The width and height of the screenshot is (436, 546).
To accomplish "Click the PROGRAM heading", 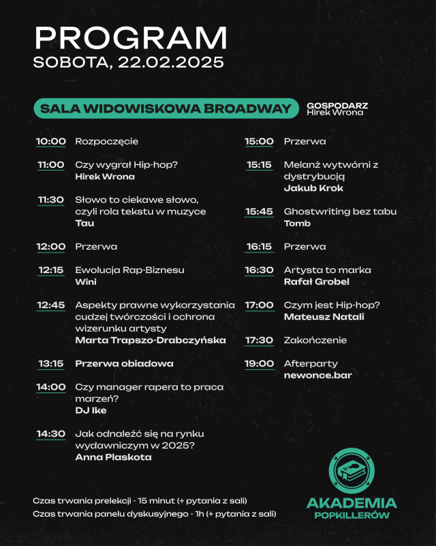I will click(x=131, y=38).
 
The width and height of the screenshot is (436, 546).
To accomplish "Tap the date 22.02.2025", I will click(x=170, y=63).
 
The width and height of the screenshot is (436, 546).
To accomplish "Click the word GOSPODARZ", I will click(x=337, y=105).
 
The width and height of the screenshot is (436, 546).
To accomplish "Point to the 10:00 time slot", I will click(x=51, y=141).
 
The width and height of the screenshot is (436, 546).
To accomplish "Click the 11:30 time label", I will click(x=51, y=200).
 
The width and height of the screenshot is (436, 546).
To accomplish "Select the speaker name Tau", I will click(x=84, y=223).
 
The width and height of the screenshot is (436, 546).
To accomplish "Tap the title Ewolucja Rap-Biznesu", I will click(x=129, y=270).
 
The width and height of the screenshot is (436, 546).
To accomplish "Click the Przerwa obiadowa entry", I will click(x=124, y=364).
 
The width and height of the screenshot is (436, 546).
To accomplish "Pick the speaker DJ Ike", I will click(x=91, y=410).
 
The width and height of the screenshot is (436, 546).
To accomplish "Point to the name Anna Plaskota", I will click(x=113, y=457).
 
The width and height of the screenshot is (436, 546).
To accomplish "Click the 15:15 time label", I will click(x=259, y=165).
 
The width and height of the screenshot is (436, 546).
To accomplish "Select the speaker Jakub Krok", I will click(x=313, y=188).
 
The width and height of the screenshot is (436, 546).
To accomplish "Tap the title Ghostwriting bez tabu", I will click(x=340, y=212).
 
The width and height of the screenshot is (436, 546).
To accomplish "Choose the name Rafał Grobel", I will click(x=317, y=282).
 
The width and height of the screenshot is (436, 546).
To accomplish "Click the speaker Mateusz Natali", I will click(x=324, y=317).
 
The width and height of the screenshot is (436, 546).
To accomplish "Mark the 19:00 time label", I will click(x=259, y=364).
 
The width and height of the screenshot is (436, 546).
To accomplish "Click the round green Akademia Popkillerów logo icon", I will click(x=352, y=471).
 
